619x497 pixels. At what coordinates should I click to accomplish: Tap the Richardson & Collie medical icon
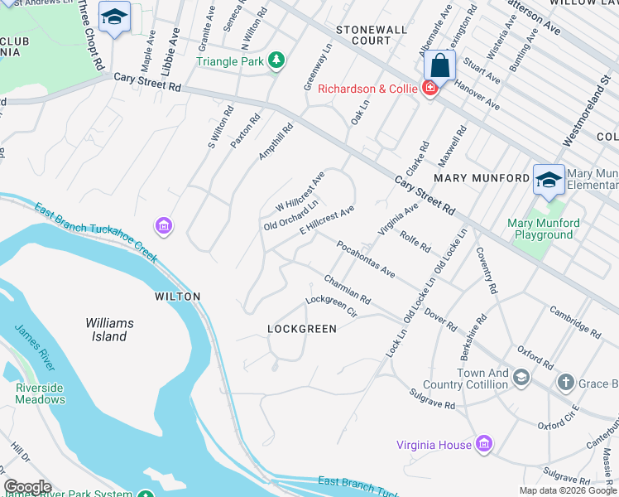pyautogui.click(x=429, y=89)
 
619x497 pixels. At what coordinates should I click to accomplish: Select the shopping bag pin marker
pyautogui.click(x=439, y=65)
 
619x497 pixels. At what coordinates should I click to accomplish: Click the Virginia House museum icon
pyautogui.click(x=484, y=445)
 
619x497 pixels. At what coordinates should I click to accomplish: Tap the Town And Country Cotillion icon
pyautogui.click(x=521, y=379)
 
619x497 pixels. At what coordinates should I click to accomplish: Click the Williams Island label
pyautogui.click(x=106, y=330)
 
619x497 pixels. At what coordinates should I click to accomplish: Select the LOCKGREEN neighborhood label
pyautogui.click(x=302, y=329)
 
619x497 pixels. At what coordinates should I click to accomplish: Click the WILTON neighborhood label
pyautogui.click(x=177, y=296)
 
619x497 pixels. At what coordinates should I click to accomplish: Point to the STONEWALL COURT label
pyautogui.click(x=372, y=35)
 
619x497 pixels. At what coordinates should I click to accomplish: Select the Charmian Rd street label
pyautogui.click(x=347, y=289)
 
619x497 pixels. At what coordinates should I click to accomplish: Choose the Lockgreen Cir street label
pyautogui.click(x=330, y=307)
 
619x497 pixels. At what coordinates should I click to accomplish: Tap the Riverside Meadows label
pyautogui.click(x=40, y=393)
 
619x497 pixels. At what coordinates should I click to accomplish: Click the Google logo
pyautogui.click(x=26, y=487)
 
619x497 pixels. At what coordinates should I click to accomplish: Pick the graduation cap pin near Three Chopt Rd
pyautogui.click(x=114, y=17)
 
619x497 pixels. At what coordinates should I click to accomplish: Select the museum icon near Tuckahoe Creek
pyautogui.click(x=163, y=225)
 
